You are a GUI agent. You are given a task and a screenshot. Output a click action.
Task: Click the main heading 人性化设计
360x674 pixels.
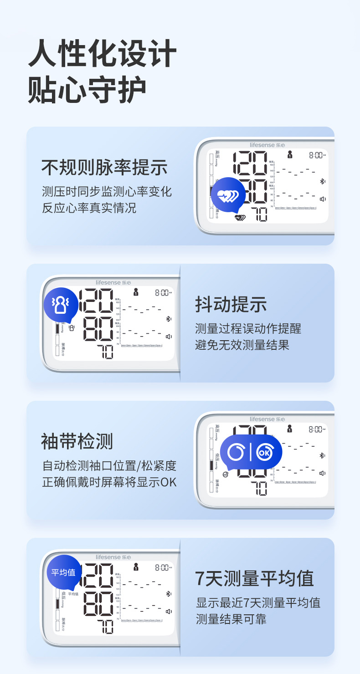(102, 54)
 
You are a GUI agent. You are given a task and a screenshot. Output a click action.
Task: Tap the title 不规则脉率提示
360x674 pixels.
(104, 168)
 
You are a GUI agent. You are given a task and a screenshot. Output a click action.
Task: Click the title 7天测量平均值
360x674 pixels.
(255, 578)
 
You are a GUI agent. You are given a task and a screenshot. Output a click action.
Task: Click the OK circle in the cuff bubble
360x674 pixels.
(264, 453)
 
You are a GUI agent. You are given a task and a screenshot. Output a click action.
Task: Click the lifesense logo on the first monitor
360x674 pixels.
(267, 145)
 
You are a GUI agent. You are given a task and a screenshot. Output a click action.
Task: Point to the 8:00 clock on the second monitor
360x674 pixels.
(163, 293)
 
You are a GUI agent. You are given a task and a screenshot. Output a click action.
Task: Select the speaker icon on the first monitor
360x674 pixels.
(323, 199)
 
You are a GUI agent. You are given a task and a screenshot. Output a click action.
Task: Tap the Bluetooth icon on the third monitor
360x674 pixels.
(322, 455)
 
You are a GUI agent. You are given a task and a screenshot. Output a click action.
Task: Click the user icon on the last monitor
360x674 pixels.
(135, 567)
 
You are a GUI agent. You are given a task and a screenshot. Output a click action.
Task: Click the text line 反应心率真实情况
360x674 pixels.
(89, 209)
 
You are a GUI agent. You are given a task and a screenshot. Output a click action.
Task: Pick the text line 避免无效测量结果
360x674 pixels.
(242, 345)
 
